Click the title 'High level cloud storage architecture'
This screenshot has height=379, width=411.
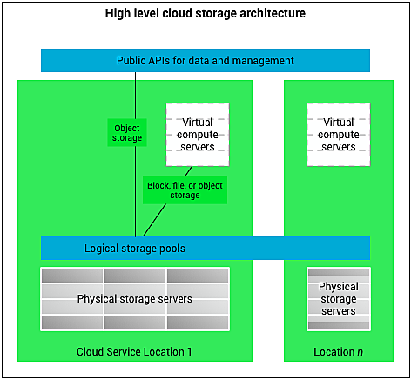[205, 14]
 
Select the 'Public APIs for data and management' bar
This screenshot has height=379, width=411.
[205, 60]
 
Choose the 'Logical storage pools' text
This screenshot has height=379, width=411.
[134, 248]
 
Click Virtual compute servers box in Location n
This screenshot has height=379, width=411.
[338, 135]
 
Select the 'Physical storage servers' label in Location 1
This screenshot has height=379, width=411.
[134, 299]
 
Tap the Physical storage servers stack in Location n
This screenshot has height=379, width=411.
[338, 299]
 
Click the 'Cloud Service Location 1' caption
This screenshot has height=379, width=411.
[134, 351]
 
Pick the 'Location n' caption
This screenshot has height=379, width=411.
[338, 351]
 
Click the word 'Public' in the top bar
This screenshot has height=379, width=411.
[133, 60]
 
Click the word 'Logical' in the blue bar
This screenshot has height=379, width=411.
[102, 248]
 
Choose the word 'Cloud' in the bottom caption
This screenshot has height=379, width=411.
[91, 351]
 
